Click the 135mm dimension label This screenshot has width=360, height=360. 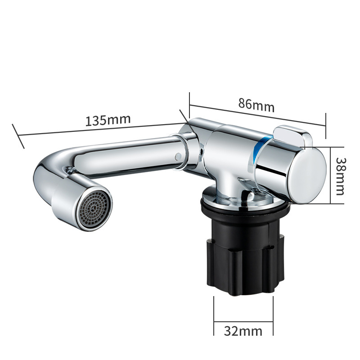pyautogui.click(x=108, y=120)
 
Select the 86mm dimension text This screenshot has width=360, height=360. pyautogui.click(x=256, y=105)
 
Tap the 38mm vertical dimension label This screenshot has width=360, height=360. pyautogui.click(x=340, y=176)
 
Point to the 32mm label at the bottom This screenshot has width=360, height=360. pyautogui.click(x=243, y=331)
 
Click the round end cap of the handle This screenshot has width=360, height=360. pyautogui.click(x=308, y=175)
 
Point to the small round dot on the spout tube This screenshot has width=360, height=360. pyautogui.click(x=178, y=156)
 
